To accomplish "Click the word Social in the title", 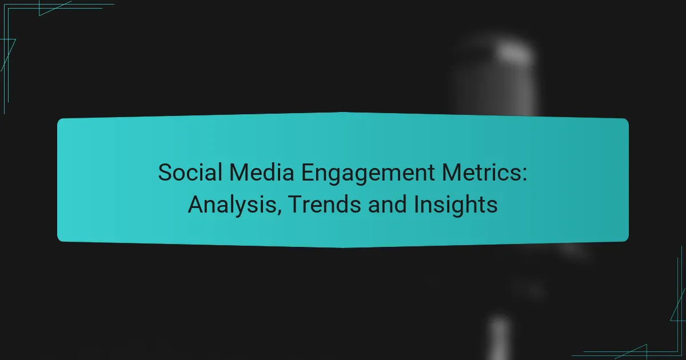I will [x=185, y=173].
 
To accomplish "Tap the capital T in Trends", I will [x=292, y=204].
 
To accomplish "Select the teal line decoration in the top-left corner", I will [x=34, y=23].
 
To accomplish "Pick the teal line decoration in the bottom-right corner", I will [x=657, y=337].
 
